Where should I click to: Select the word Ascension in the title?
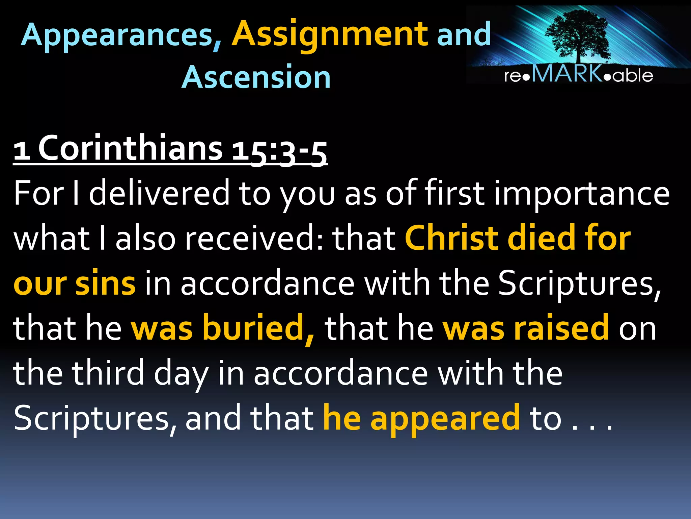pos(256,78)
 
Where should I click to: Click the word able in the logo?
pos(633,76)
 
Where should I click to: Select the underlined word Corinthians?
pos(130,149)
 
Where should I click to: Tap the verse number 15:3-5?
pos(280,151)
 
